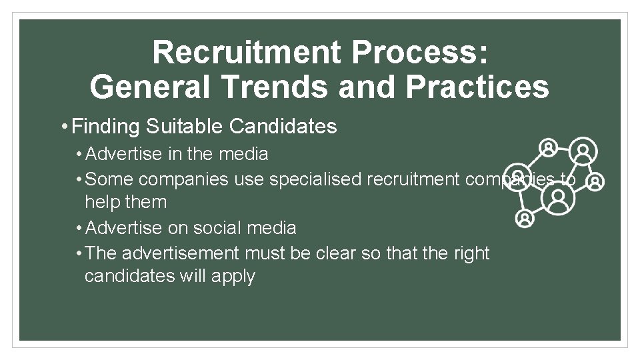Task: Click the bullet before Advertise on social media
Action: pyautogui.click(x=79, y=228)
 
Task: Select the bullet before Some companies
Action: pyautogui.click(x=79, y=179)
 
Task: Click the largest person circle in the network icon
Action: pyautogui.click(x=559, y=197)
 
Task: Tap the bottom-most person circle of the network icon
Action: pyautogui.click(x=525, y=217)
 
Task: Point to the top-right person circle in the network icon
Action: pyautogui.click(x=583, y=151)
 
